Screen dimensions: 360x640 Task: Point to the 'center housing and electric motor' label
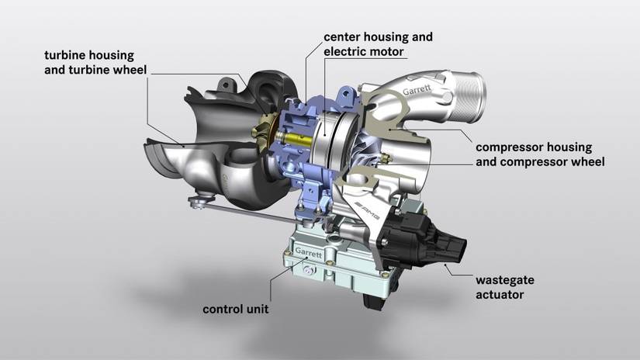tap(378, 44)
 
